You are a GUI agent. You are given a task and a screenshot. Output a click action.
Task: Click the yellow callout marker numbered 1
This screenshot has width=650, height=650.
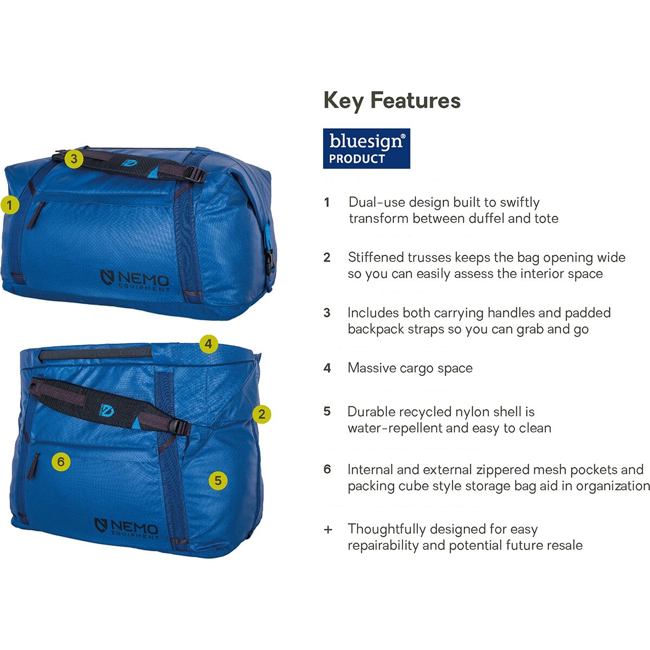click(x=10, y=205)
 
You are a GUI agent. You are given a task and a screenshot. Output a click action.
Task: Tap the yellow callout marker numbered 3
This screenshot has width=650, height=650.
click(x=74, y=159)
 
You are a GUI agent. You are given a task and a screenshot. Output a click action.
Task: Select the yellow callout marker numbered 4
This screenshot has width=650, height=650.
click(x=209, y=344)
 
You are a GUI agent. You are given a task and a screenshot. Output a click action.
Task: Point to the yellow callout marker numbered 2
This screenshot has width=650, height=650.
click(x=262, y=414)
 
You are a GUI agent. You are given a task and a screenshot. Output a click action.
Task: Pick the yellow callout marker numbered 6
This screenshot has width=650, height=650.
click(x=61, y=461)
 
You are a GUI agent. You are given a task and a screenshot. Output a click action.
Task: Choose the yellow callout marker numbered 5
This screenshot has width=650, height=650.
click(x=218, y=480)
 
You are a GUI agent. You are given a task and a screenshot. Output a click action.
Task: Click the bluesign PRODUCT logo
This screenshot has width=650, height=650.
click(x=366, y=148)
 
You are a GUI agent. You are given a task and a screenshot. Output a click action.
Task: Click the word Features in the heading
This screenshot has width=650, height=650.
click(x=415, y=101)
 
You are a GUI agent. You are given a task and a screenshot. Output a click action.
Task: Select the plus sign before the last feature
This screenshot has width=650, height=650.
click(x=328, y=530)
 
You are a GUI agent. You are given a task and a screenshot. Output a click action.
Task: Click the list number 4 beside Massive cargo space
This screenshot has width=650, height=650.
click(x=327, y=368)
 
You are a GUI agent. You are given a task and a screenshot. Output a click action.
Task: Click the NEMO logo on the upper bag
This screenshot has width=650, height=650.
click(x=135, y=280)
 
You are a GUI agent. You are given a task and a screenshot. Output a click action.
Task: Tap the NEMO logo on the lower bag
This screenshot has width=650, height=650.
click(x=126, y=529)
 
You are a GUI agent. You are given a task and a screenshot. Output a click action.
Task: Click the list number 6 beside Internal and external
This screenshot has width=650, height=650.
click(x=327, y=469)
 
